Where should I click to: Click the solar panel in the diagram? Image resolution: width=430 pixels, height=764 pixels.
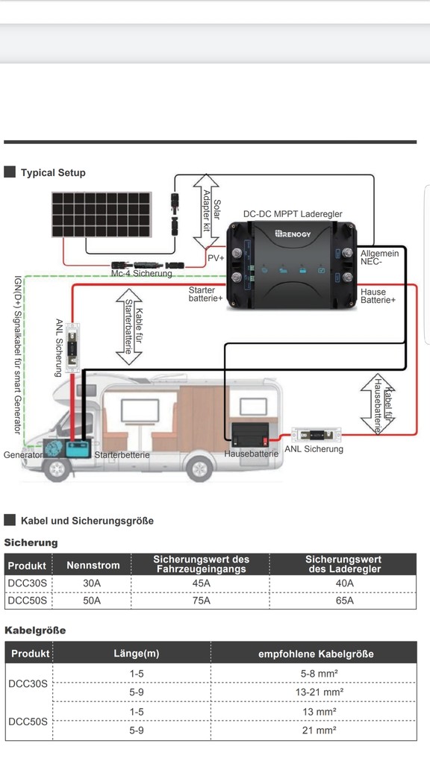coord(102,214)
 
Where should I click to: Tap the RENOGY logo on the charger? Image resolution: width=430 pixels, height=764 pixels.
coord(293,234)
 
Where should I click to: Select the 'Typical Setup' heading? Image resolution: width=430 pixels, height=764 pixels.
coord(53,172)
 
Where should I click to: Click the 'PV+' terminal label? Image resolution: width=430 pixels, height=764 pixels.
coord(216,257)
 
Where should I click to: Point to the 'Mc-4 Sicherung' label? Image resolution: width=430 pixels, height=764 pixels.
coord(141,273)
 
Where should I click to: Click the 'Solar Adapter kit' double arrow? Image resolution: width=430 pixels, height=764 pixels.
coord(206,211)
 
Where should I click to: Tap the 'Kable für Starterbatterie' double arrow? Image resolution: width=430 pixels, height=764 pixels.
coord(129,327)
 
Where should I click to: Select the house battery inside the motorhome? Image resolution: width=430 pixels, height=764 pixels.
coord(250,435)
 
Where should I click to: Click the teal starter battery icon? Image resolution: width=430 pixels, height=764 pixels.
coord(78,448)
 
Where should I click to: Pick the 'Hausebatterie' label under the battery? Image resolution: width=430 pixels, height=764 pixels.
coord(251,454)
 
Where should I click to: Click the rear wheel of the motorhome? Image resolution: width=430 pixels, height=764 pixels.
coord(199,469)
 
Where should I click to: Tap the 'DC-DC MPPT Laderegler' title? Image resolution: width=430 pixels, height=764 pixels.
coord(293,214)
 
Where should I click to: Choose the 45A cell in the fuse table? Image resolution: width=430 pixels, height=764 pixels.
coord(201,583)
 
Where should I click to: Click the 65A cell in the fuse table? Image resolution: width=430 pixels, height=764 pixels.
coord(345,601)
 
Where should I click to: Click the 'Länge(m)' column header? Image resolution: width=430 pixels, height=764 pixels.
coord(137,654)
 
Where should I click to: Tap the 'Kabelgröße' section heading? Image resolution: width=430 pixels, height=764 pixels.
coord(35,630)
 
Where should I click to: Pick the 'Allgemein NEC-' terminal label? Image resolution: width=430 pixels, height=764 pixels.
coord(380,257)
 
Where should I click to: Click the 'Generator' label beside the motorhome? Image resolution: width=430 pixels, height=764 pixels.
coord(23,455)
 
